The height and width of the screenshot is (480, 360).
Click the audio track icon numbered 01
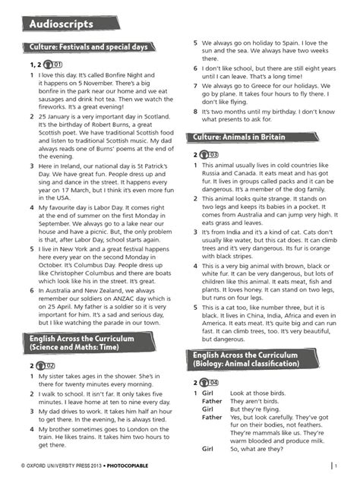pos(55,65)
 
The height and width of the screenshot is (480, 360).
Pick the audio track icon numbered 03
pos(213,154)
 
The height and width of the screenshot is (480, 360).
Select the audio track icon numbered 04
pos(213,382)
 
